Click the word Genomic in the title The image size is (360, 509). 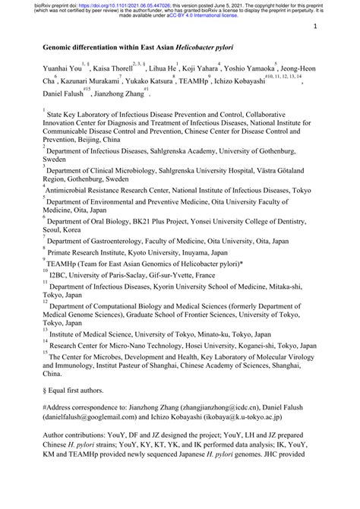tap(63, 47)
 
